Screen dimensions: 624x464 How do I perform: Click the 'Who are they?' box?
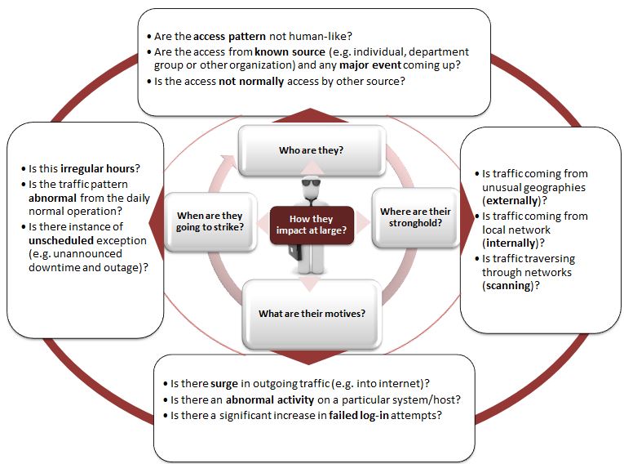(312, 150)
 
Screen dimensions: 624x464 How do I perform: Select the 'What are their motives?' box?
(312, 314)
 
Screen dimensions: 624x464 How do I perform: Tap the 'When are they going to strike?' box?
(210, 221)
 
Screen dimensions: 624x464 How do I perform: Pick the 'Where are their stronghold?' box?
(415, 217)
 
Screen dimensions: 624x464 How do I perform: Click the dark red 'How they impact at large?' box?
(312, 225)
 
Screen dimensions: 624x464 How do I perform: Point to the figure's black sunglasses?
(312, 183)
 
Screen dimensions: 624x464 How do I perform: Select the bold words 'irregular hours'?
(98, 168)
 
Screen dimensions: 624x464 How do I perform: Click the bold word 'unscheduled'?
(61, 241)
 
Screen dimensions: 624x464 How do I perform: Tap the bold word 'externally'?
(511, 200)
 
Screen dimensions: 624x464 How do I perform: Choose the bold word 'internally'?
(511, 243)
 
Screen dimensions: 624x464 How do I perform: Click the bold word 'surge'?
(224, 383)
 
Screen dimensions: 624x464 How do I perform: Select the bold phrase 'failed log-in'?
(359, 415)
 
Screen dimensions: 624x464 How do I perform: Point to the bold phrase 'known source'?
(290, 51)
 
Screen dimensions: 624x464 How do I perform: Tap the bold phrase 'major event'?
(370, 65)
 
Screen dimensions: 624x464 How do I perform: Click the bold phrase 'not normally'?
(251, 82)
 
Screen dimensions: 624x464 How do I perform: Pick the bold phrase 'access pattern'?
(229, 36)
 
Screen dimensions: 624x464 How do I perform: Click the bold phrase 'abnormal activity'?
(270, 399)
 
